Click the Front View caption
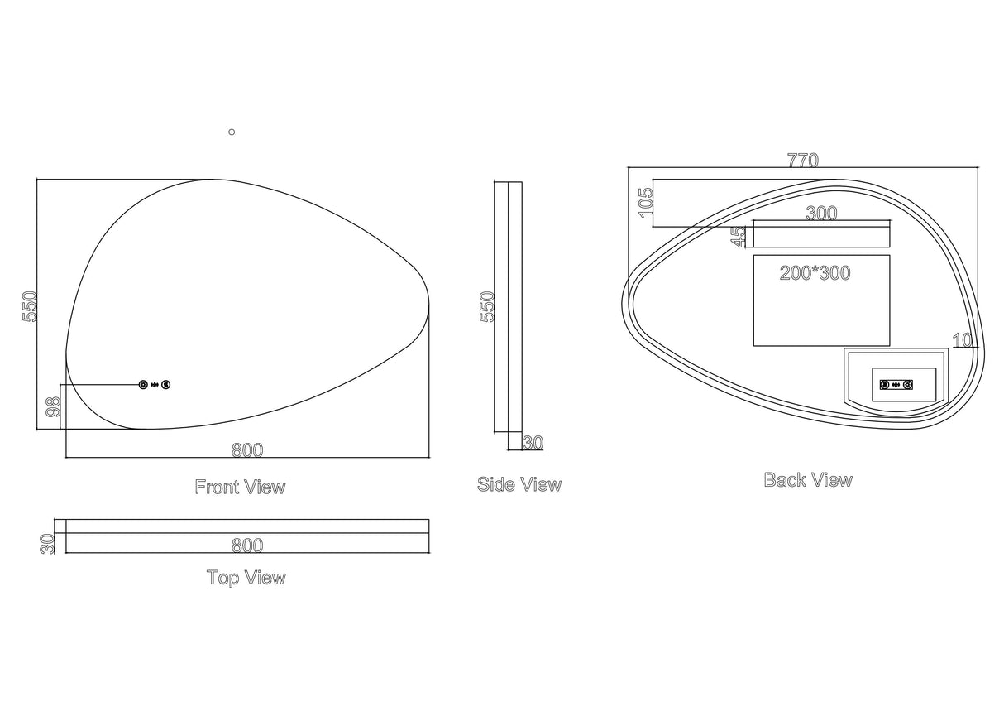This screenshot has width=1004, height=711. click(x=240, y=487)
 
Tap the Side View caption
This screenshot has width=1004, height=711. click(x=519, y=484)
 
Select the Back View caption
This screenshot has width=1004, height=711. click(x=807, y=479)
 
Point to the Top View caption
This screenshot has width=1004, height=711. click(x=246, y=578)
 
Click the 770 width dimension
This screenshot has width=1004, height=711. click(x=802, y=161)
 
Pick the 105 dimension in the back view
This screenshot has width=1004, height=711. click(x=646, y=203)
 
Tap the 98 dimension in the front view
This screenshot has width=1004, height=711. click(x=52, y=406)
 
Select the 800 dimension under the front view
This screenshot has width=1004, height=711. click(x=247, y=450)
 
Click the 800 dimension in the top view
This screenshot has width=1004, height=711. click(x=247, y=545)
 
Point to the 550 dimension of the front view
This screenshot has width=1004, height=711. click(x=30, y=306)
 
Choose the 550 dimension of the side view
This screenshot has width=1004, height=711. click(x=487, y=306)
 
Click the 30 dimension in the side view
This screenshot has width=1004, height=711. click(x=533, y=443)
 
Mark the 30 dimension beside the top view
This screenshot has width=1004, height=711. click(x=47, y=543)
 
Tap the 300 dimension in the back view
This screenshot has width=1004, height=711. click(x=821, y=213)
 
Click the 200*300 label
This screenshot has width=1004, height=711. click(x=815, y=272)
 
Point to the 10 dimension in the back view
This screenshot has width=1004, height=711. click(x=962, y=339)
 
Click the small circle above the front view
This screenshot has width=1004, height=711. click(x=232, y=132)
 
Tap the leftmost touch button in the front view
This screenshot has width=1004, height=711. click(x=143, y=384)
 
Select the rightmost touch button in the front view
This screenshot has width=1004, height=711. click(x=166, y=384)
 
